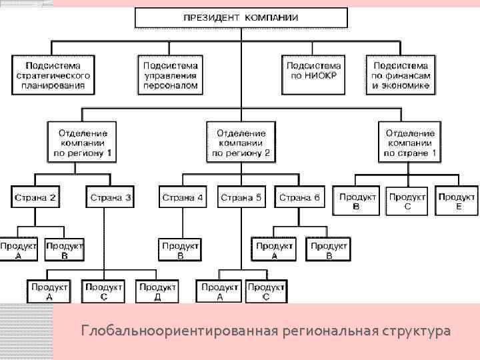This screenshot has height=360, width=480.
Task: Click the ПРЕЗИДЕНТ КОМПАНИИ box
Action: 241,17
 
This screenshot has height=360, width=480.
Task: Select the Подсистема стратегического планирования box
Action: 53,75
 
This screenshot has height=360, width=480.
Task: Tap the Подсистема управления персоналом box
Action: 171,75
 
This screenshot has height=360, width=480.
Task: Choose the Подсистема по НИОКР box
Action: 314,75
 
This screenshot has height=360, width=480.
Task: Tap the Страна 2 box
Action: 35,198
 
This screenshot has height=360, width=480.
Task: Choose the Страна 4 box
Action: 182,198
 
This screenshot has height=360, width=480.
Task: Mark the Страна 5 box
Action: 241,198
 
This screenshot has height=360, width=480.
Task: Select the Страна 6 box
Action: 299,198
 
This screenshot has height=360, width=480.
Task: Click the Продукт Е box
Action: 457,201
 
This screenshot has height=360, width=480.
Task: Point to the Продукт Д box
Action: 157,291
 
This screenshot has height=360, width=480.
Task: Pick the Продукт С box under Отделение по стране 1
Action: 407,201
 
